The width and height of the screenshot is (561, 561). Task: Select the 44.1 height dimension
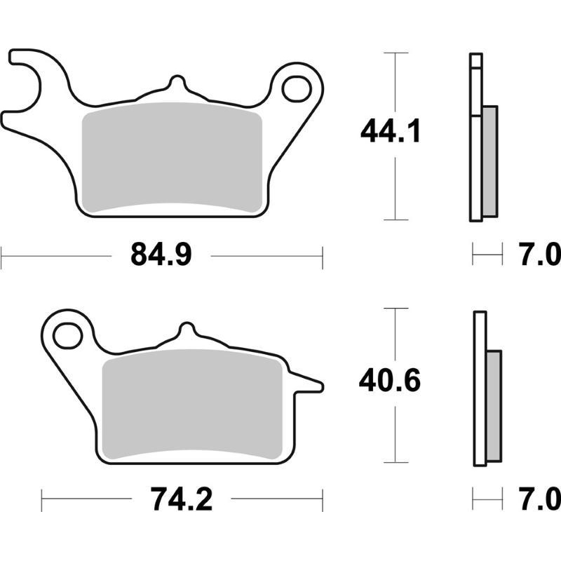(390, 131)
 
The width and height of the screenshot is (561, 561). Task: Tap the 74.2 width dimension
(182, 500)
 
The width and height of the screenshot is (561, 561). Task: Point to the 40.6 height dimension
(390, 382)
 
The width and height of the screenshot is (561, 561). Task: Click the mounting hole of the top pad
(297, 89)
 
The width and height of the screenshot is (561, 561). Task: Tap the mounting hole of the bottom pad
(67, 335)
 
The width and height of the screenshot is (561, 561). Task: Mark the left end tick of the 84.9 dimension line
(1, 256)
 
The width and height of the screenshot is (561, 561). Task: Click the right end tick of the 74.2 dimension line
(323, 500)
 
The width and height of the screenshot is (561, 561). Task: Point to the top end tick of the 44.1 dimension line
(397, 53)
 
